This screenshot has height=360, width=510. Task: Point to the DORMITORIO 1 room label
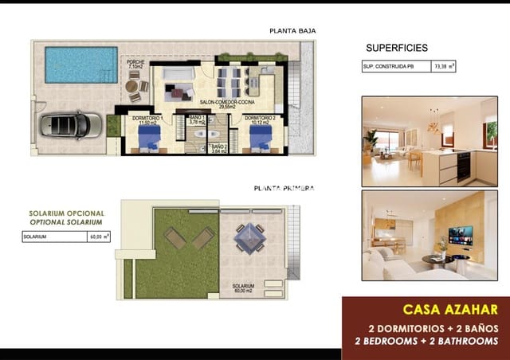point(146,120)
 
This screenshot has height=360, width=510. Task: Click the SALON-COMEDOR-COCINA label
point(227,104)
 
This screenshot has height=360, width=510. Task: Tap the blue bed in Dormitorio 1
point(148,139)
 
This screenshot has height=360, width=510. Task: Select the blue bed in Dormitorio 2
point(261,139)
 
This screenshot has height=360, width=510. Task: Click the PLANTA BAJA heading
point(292,31)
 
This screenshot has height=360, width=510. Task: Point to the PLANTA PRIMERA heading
point(284,188)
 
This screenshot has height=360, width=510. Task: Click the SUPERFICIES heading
point(396,48)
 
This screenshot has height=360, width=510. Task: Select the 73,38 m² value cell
point(444,68)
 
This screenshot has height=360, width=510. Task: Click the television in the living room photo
point(460,235)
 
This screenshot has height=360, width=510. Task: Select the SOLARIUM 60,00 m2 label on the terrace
point(244,288)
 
